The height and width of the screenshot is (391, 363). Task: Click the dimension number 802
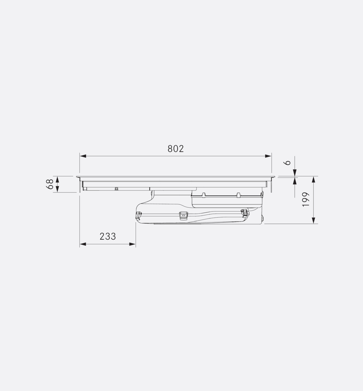(176, 149)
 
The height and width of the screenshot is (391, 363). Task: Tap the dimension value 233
(108, 236)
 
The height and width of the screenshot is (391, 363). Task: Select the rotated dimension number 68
(50, 184)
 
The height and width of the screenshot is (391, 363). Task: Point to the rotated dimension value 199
(306, 199)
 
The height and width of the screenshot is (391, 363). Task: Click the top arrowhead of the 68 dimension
(57, 179)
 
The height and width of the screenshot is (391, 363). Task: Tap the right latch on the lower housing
(245, 213)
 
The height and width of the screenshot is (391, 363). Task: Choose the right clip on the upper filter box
(238, 195)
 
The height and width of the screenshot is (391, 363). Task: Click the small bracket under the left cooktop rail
(116, 189)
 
